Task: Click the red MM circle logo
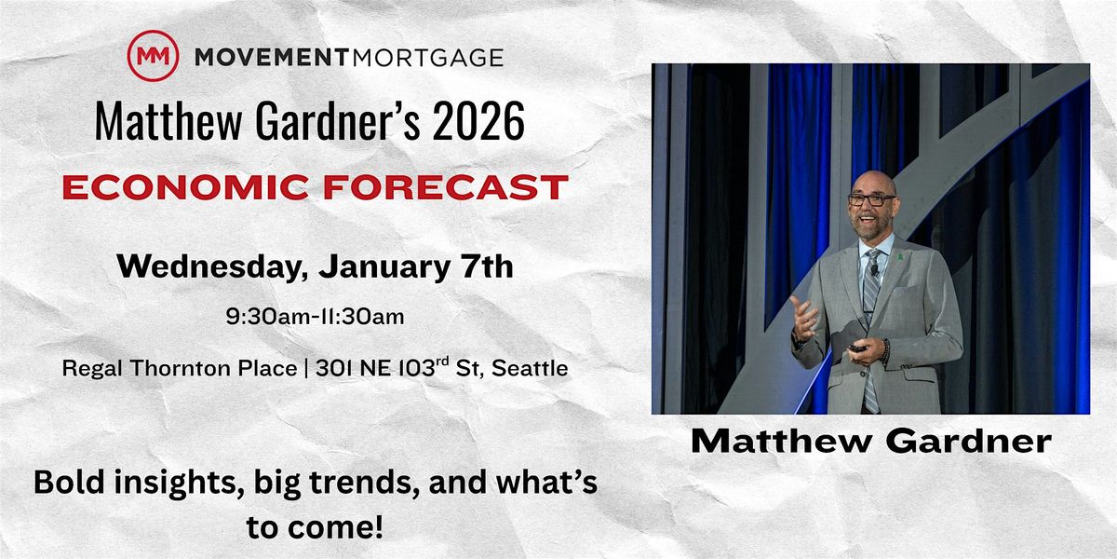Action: coord(152,56)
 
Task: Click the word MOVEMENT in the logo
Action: coord(269,58)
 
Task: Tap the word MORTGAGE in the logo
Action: coord(426,58)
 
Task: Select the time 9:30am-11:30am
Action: coord(315,317)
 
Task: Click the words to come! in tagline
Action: coord(315,528)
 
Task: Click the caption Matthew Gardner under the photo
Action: coord(870,442)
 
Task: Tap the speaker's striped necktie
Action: coord(869,307)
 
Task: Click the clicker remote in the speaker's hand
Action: coord(856,348)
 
